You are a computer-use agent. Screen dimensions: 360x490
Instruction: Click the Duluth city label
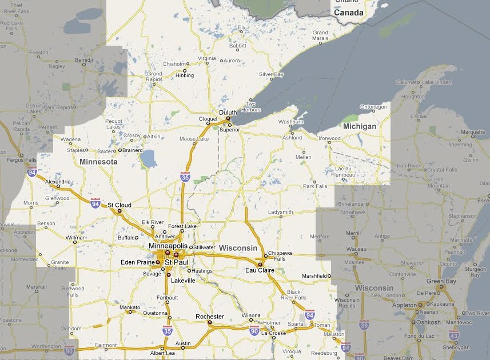(x=228, y=113)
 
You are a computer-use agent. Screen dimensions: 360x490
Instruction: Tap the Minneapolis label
(x=168, y=246)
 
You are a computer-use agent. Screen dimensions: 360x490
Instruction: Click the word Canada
(x=349, y=13)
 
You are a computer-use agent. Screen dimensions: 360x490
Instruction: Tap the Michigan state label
(x=360, y=126)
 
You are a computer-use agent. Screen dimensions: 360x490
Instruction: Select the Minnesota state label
(x=98, y=162)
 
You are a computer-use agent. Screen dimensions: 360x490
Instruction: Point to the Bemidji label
(x=83, y=59)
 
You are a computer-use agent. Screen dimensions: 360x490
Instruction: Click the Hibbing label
(x=185, y=75)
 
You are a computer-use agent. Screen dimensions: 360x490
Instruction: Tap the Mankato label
(x=129, y=307)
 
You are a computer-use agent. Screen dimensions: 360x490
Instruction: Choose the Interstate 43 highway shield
(x=453, y=334)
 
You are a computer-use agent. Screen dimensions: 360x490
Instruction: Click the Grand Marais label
(x=320, y=36)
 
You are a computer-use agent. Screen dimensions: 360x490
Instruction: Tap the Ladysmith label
(x=280, y=212)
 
